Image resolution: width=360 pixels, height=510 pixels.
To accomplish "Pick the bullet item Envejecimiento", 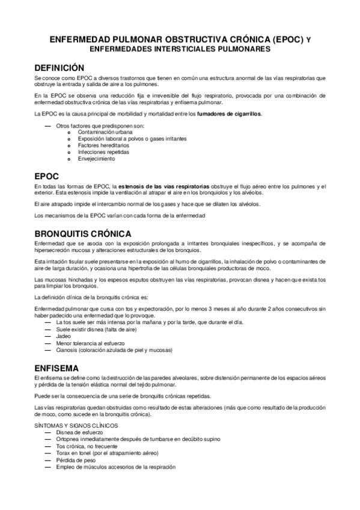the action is (x=96, y=159).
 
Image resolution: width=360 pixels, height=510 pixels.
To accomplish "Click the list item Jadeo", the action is (x=63, y=337).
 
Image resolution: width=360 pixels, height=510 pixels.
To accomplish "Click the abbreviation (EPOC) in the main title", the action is (x=287, y=40).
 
